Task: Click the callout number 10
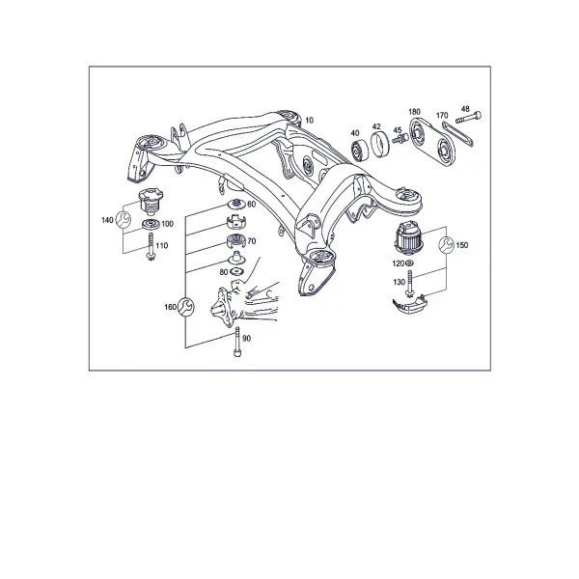[x=310, y=121]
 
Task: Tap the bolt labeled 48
[x=469, y=118]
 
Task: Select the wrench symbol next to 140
[x=123, y=220]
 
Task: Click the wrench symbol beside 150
[x=447, y=245]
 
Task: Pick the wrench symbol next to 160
[x=185, y=307]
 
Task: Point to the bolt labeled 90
[x=237, y=342]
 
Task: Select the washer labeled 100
[x=151, y=224]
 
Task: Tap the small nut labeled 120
[x=409, y=263]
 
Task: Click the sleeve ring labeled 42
[x=380, y=144]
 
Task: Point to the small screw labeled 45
[x=400, y=140]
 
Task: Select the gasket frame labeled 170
[x=457, y=135]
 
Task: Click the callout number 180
[x=414, y=112]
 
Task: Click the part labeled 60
[x=236, y=203]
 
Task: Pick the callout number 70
[x=252, y=241]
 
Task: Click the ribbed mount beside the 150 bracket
[x=409, y=238]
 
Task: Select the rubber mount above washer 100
[x=151, y=202]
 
